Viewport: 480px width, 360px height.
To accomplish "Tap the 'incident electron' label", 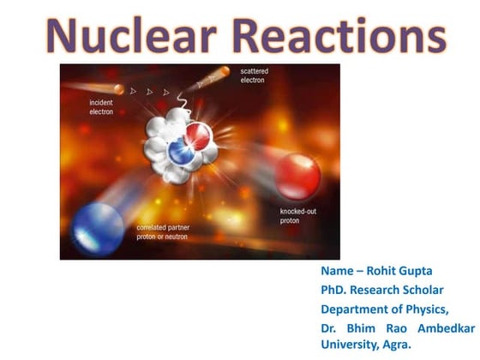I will tap(102, 106).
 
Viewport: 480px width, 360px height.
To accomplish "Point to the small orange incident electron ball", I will tap(120, 88).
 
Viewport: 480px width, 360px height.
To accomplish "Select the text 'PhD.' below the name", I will tap(334, 291).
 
